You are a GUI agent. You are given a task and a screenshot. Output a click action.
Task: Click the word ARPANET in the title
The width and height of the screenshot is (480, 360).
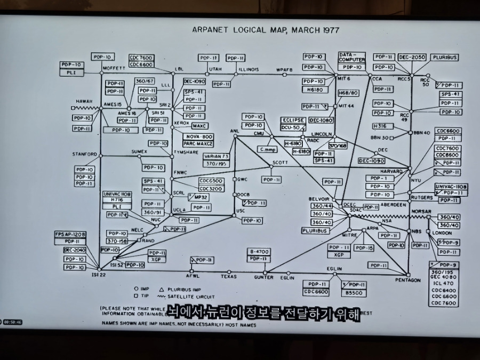(x=210, y=30)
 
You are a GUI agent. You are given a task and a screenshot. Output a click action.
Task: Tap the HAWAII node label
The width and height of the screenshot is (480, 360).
(x=84, y=101)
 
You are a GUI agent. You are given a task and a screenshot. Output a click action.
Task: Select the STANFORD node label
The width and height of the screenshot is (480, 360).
(x=85, y=154)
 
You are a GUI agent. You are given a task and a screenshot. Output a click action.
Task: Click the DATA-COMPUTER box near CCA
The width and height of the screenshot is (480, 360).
(x=352, y=57)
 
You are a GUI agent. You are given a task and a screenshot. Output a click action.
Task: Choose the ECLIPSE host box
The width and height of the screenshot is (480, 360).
(x=294, y=121)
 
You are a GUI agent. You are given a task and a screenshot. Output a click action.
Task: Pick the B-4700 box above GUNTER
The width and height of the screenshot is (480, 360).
(x=259, y=251)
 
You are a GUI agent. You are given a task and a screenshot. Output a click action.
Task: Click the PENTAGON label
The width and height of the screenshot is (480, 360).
(x=408, y=280)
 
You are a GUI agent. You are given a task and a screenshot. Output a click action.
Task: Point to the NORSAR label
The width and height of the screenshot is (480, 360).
(x=421, y=211)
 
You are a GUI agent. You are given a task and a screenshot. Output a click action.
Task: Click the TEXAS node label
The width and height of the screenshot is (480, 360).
(x=228, y=277)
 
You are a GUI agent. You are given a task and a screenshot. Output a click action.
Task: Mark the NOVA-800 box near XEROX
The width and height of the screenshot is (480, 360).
(x=198, y=137)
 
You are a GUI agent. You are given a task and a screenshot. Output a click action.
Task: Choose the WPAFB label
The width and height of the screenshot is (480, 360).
(x=284, y=69)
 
